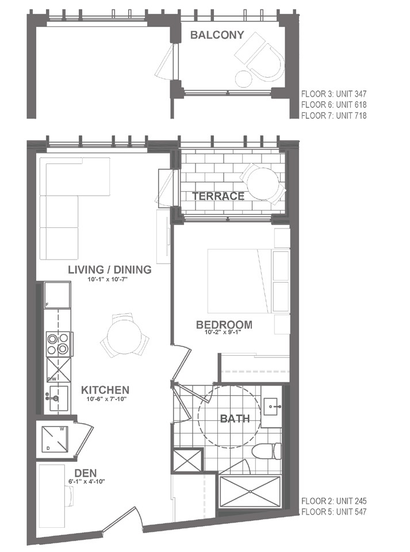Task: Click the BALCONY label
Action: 217,35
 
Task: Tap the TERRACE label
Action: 218,196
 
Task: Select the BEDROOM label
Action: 224,324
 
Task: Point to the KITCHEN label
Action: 105,390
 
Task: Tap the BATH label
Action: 235,418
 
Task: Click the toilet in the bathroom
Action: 267,451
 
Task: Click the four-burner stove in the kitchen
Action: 59,344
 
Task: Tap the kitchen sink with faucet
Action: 58,398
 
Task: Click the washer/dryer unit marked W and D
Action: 55,439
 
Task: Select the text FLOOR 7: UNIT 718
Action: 334,116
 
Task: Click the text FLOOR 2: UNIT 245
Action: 334,501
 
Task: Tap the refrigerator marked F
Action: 58,295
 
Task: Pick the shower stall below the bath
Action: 250,492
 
